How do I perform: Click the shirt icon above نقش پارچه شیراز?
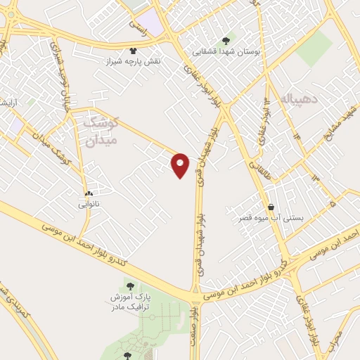click(x=134, y=51)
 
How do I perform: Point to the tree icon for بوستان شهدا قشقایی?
click(x=225, y=41)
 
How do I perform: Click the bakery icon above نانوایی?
click(x=89, y=193)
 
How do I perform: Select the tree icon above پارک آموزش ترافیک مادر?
click(x=129, y=285)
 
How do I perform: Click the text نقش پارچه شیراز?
click(x=134, y=62)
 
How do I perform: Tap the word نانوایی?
click(x=89, y=205)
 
